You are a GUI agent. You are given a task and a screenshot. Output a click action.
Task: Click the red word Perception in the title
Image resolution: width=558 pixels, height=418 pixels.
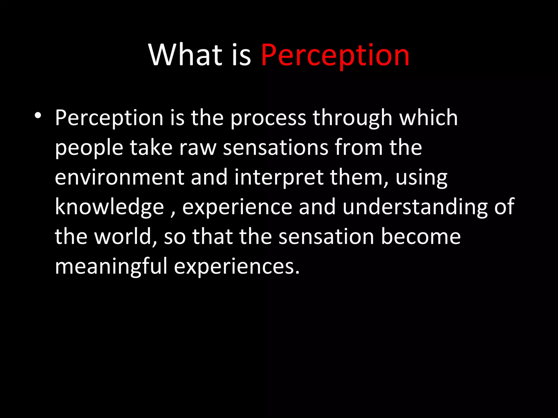point(335,56)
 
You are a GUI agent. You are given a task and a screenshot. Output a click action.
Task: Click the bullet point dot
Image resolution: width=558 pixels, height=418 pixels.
point(38,116)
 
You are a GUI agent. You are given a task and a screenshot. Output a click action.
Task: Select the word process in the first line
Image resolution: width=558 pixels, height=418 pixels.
point(268,119)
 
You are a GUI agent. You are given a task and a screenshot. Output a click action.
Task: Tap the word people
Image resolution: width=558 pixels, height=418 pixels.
point(89,148)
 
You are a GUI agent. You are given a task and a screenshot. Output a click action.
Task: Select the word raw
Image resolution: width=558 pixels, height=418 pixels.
point(198,148)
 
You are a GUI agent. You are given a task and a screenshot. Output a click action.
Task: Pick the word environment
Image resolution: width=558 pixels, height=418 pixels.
point(119,177)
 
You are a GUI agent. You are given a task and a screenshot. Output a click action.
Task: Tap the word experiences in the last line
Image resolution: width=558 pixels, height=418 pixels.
point(236,267)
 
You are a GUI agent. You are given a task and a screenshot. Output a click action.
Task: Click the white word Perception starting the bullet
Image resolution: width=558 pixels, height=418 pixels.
point(109,119)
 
